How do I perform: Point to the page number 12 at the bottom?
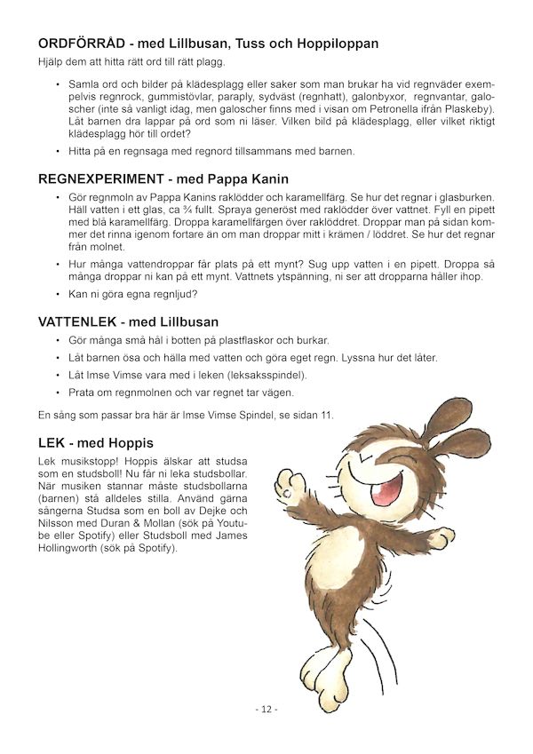tap(266, 710)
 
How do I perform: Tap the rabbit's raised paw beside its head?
tap(285, 484)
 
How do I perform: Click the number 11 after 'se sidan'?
tap(327, 416)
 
